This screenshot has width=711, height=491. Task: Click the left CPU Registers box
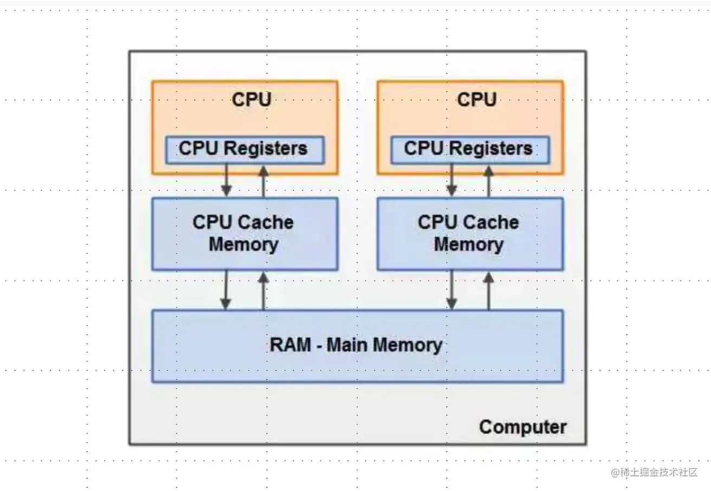244,149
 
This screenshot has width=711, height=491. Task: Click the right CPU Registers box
469,149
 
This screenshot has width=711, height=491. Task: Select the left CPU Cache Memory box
244,234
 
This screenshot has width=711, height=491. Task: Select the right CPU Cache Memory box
470,234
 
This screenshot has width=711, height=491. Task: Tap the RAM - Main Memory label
356,345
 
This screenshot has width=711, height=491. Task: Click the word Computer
523,427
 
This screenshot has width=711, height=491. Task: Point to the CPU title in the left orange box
251,100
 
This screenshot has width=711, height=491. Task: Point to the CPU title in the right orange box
477,100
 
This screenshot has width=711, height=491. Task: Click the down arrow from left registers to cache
227,180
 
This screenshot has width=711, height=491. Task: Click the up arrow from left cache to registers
263,180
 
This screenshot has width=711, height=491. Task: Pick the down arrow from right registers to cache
451,180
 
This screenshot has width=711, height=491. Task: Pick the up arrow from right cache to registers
488,180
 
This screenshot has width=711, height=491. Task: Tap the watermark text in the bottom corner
654,472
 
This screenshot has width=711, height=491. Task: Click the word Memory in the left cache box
243,244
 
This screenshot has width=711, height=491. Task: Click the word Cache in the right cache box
491,223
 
